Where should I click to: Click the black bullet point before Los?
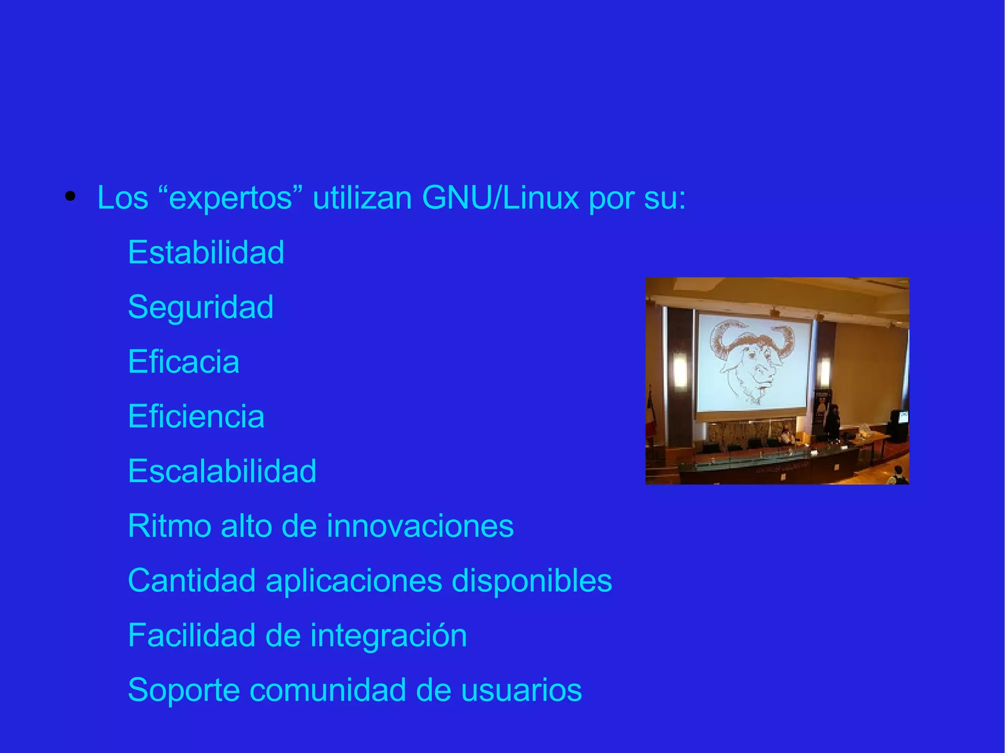[x=71, y=197]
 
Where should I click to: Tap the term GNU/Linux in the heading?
[x=500, y=198]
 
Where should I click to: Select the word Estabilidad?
[x=206, y=252]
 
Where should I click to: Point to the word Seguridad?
[x=201, y=307]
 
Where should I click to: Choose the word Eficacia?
[x=184, y=362]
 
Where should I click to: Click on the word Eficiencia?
[x=196, y=416]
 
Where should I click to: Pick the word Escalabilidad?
[x=222, y=471]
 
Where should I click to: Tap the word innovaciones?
[x=420, y=526]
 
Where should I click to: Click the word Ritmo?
[x=169, y=526]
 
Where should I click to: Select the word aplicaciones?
[x=354, y=581]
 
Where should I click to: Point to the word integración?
[x=388, y=636]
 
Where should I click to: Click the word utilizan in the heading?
[x=362, y=198]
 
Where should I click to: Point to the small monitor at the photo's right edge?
[x=902, y=417]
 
